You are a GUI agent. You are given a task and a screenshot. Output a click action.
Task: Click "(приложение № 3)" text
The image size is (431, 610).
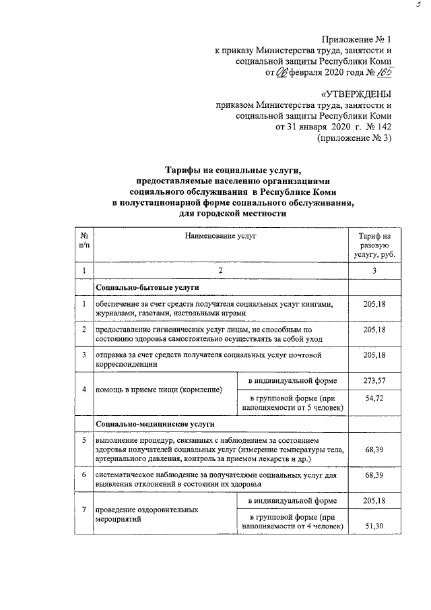point(354,138)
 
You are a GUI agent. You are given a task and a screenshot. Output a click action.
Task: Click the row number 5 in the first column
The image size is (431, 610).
point(84,440)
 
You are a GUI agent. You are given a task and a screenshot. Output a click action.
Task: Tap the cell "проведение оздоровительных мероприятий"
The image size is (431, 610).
point(147,515)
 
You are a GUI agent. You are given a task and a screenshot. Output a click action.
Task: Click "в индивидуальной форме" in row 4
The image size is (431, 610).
point(292,381)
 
